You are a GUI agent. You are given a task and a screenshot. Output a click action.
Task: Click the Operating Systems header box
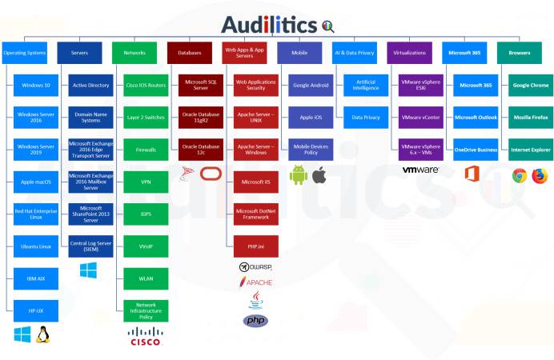[24, 53]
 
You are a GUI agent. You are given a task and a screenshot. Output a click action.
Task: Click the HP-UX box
[36, 310]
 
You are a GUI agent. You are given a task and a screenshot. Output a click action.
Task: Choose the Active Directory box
[90, 85]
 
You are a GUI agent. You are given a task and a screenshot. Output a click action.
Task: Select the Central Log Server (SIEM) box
[90, 245]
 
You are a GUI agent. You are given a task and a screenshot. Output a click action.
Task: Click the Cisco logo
[146, 338]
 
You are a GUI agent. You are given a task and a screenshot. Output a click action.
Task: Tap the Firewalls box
[146, 150]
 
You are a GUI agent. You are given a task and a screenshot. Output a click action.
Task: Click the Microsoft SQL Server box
[201, 85]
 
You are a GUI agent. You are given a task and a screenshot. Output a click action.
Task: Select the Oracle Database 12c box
[201, 150]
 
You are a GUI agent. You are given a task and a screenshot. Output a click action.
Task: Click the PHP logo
[255, 321]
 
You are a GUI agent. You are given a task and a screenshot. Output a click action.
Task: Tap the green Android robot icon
[299, 174]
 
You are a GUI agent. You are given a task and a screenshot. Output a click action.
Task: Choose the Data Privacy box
[366, 117]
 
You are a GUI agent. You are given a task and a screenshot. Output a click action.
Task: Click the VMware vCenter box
[421, 117]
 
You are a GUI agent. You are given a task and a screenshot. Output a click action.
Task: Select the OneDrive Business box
[476, 150]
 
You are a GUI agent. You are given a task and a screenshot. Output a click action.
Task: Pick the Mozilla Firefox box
[531, 117]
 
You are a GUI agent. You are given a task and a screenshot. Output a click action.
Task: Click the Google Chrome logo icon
[520, 175]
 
